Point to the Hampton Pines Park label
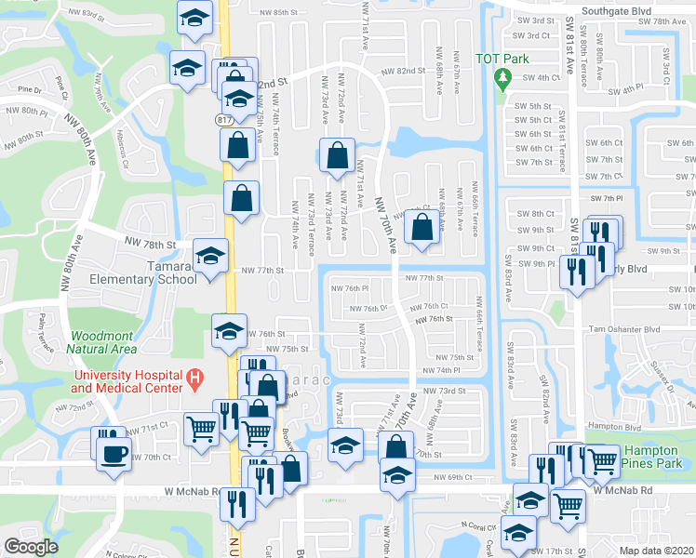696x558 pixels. click(658, 457)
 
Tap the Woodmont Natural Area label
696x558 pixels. click(102, 341)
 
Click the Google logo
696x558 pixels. click(31, 547)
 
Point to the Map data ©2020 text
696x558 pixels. click(656, 551)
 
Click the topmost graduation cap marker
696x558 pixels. click(194, 18)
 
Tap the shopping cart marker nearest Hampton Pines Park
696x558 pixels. click(602, 458)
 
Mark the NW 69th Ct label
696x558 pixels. click(453, 477)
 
